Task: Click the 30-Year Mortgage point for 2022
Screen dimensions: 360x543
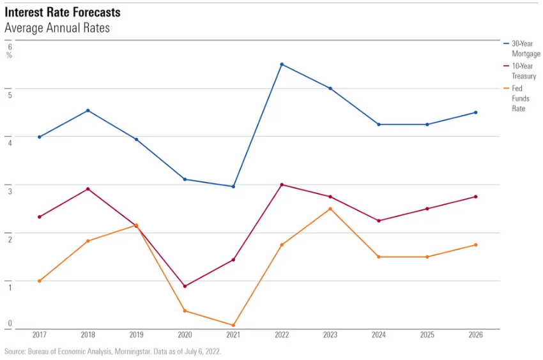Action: coord(282,64)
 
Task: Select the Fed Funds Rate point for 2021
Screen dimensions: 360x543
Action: coord(233,325)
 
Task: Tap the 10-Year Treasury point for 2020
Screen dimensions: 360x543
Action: coord(185,286)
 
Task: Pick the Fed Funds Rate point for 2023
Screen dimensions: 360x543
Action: coord(330,209)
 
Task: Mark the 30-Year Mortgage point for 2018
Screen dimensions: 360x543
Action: coord(88,110)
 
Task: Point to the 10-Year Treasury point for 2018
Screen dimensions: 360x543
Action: coord(88,189)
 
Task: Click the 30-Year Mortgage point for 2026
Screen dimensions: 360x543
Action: coord(475,112)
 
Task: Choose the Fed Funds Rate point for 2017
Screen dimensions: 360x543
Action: coord(39,281)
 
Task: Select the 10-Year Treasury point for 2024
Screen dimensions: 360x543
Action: coord(379,221)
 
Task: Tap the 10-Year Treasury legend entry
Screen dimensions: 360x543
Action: coord(524,71)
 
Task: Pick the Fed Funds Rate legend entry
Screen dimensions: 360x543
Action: coord(520,98)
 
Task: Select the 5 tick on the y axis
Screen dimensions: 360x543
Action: coord(10,94)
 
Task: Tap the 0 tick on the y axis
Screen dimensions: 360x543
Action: coord(10,324)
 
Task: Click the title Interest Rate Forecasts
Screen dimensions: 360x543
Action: coord(62,13)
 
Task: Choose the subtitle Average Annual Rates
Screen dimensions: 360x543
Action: coord(57,28)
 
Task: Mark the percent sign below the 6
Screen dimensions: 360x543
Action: coord(10,55)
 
